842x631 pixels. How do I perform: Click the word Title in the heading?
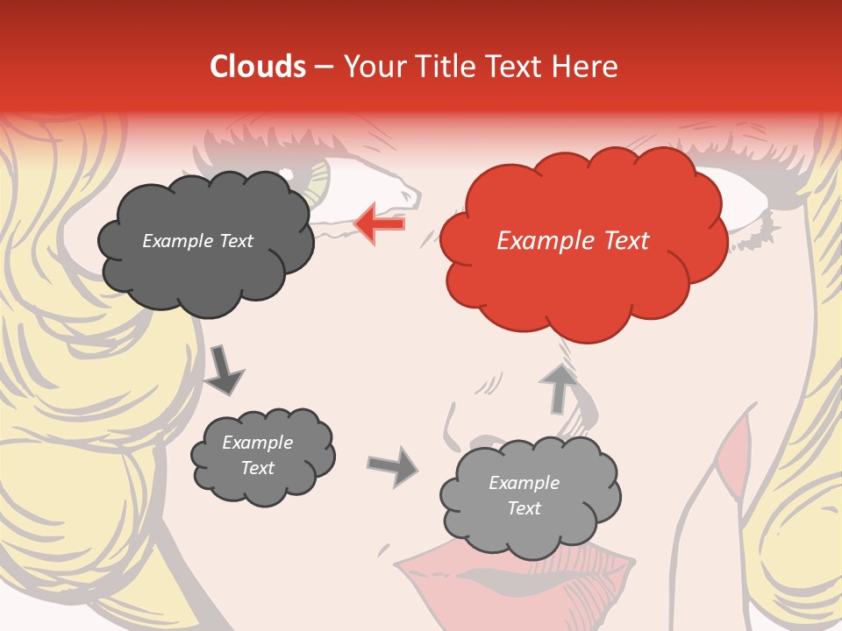(x=446, y=67)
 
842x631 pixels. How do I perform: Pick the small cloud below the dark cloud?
(x=261, y=456)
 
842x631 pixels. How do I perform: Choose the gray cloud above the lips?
(x=530, y=496)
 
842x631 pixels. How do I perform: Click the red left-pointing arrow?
(x=379, y=223)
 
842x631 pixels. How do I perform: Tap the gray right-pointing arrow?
(x=393, y=466)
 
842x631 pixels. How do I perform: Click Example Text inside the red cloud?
(x=573, y=241)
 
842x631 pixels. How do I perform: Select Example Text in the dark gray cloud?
(x=197, y=241)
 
